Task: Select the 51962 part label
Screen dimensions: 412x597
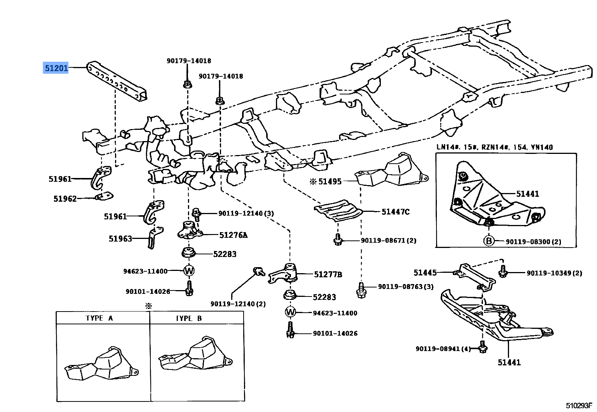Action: tap(65, 199)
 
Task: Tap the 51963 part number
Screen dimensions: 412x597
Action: tap(120, 239)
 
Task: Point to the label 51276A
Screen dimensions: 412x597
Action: tap(233, 235)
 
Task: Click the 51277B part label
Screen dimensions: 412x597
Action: tap(328, 275)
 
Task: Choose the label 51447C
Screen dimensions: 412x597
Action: tap(395, 212)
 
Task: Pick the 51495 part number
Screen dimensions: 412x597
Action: tap(330, 181)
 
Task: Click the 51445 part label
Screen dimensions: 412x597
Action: tap(425, 272)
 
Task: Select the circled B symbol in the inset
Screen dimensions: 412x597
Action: tap(488, 241)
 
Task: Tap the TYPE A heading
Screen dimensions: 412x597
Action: tap(99, 318)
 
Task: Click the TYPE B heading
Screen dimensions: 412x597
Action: tap(189, 318)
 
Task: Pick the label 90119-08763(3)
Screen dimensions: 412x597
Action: tap(406, 287)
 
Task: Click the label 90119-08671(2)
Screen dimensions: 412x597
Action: tap(388, 240)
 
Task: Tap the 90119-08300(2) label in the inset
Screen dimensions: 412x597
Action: tap(533, 242)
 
